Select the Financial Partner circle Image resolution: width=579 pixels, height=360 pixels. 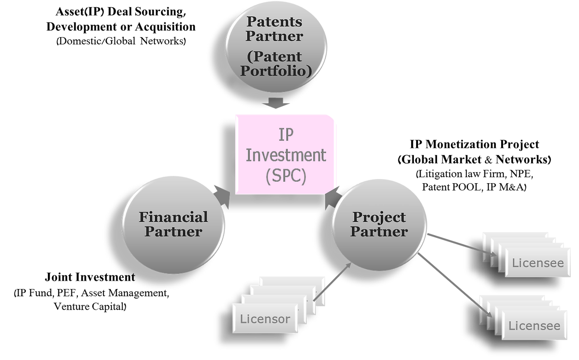point(173,224)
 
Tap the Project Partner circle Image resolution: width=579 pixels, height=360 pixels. point(379,224)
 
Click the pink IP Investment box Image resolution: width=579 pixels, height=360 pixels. point(286,154)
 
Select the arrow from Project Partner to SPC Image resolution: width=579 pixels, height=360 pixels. point(332,198)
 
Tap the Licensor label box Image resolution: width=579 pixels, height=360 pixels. point(265,319)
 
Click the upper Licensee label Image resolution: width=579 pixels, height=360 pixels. point(538,263)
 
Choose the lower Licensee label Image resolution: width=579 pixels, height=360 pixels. point(534,326)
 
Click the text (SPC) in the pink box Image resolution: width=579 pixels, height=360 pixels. point(286,175)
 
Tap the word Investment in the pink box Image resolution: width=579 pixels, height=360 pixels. point(286,155)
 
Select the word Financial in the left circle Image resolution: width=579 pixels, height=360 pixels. point(173,217)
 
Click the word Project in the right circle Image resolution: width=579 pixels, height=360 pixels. point(379,217)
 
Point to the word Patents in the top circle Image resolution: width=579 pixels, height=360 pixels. point(274,22)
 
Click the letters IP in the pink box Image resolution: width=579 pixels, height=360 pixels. point(286,135)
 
